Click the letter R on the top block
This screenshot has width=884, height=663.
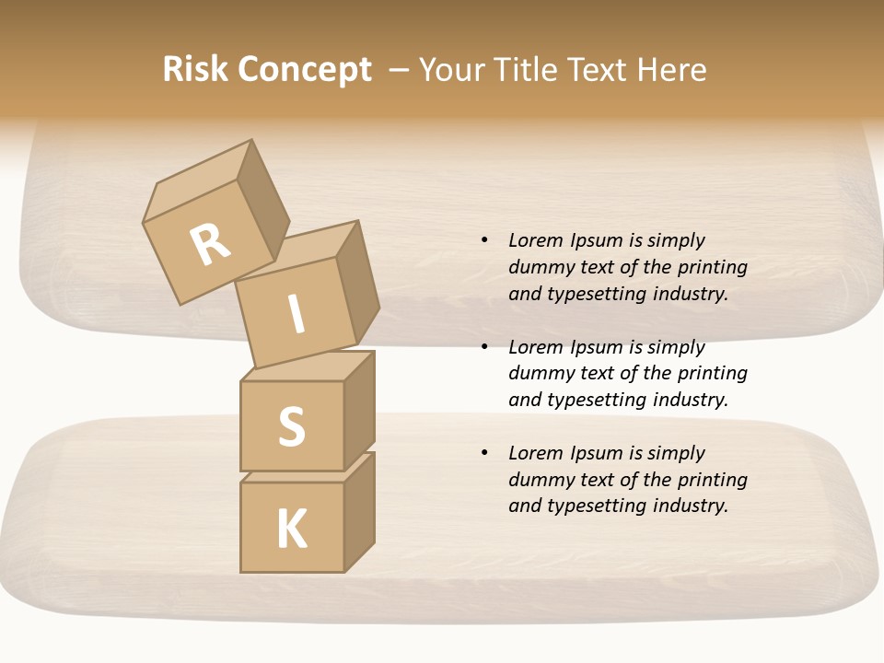coord(211,245)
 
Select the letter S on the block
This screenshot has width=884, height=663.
coord(291,426)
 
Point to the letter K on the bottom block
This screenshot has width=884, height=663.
coord(291,529)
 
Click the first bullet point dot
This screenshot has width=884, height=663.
coord(484,241)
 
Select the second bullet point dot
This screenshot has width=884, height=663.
coord(484,347)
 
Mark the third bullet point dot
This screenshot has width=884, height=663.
coord(484,453)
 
